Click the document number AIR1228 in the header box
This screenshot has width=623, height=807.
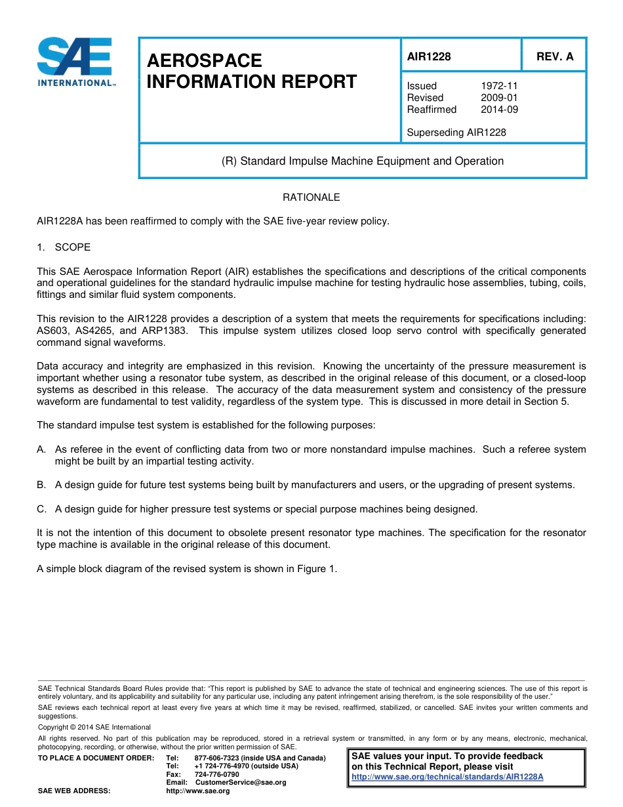pyautogui.click(x=429, y=57)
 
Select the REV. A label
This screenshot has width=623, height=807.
pyautogui.click(x=554, y=57)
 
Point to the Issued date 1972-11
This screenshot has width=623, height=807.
pyautogui.click(x=499, y=86)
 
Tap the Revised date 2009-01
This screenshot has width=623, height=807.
pyautogui.click(x=499, y=98)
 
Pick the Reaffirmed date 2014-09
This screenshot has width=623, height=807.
pyautogui.click(x=499, y=110)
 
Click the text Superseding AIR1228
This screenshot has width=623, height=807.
pyautogui.click(x=456, y=133)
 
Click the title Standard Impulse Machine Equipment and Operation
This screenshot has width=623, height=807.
pyautogui.click(x=363, y=161)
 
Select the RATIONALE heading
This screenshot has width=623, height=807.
pyautogui.click(x=311, y=197)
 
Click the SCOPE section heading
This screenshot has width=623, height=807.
pyautogui.click(x=73, y=247)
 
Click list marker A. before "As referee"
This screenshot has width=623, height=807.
pyautogui.click(x=41, y=449)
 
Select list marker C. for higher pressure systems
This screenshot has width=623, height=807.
pyautogui.click(x=41, y=509)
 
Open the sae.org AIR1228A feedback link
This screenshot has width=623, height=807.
pyautogui.click(x=447, y=777)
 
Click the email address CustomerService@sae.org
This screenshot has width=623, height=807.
pyautogui.click(x=241, y=783)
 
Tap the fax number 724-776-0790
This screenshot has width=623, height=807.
pyautogui.click(x=216, y=775)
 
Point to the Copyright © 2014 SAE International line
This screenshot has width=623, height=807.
pyautogui.click(x=94, y=728)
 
